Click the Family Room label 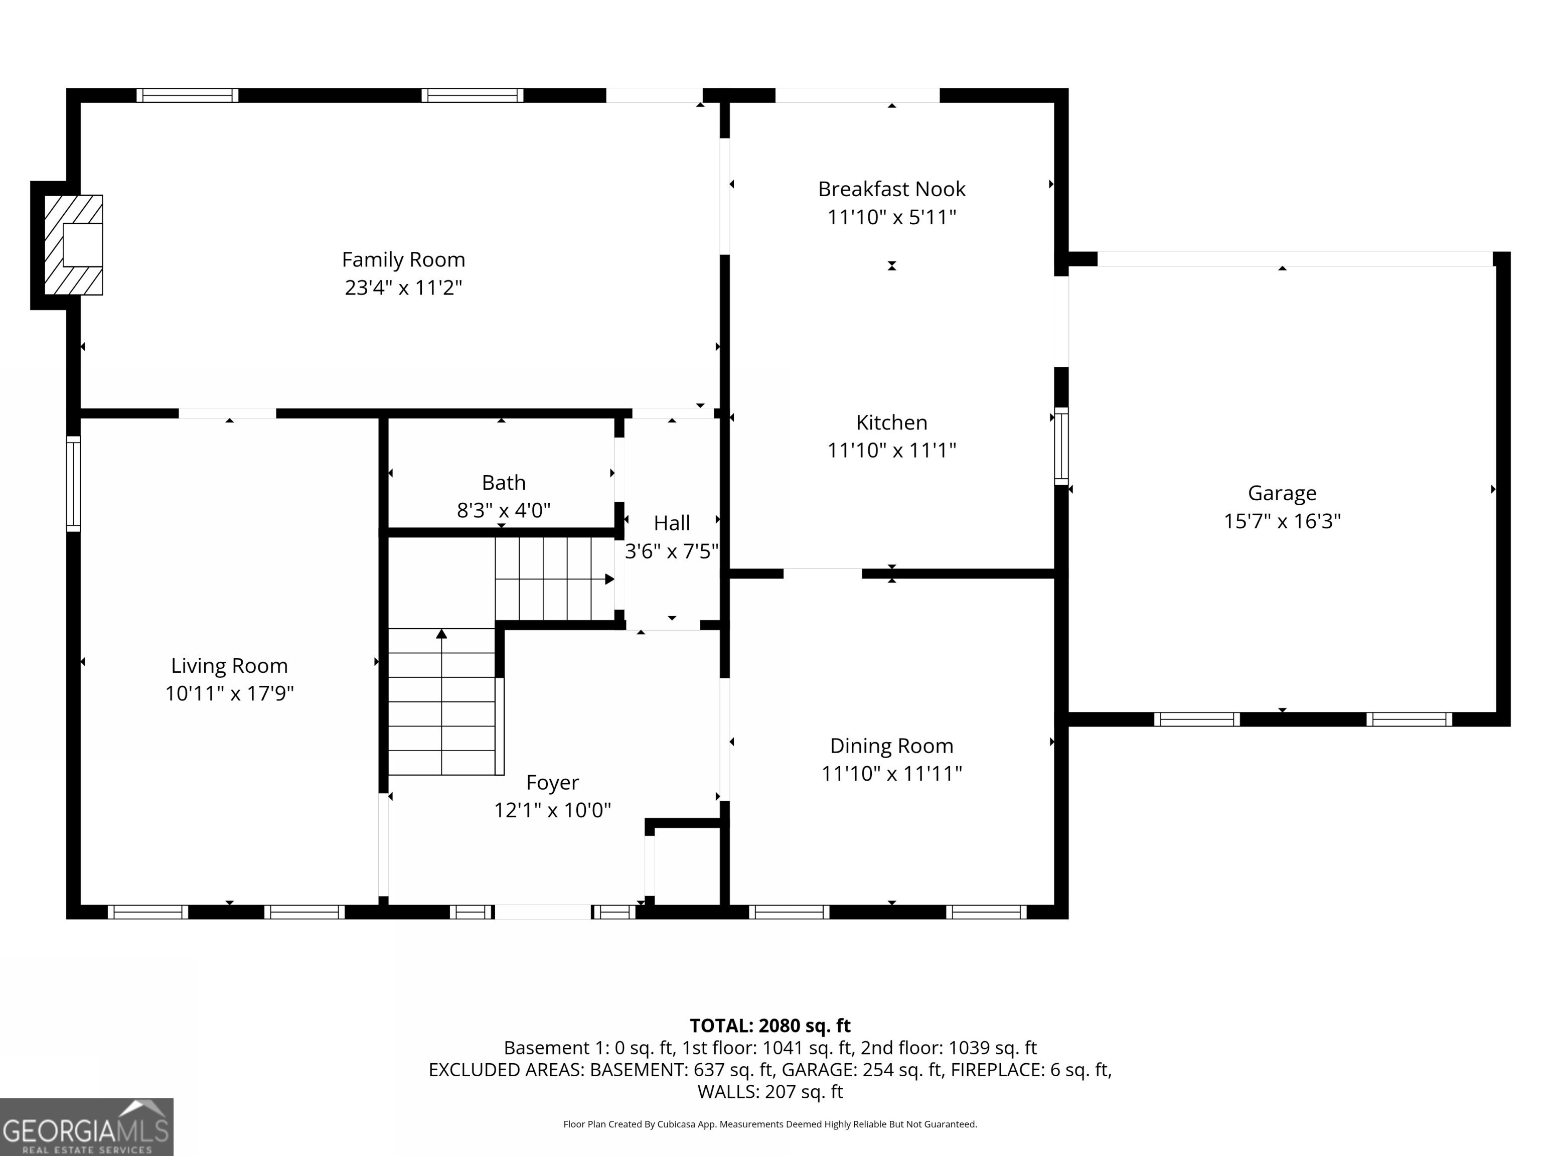403,260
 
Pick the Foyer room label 552,783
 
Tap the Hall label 672,523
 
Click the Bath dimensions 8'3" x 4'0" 503,511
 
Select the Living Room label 229,665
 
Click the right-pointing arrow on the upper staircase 609,579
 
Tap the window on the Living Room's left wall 73,484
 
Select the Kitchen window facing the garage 1060,446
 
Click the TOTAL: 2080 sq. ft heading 770,1026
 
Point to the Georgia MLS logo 86,1126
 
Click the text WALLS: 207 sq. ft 770,1092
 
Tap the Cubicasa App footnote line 770,1124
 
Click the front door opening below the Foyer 543,912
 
